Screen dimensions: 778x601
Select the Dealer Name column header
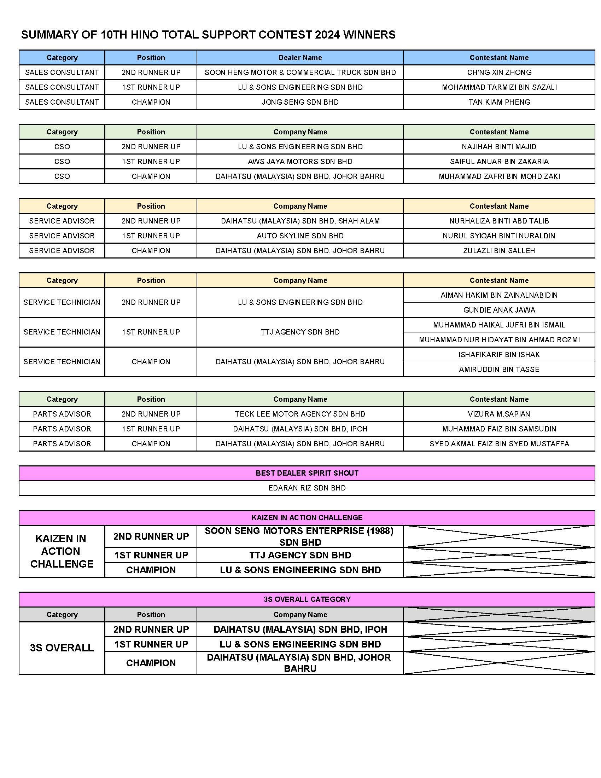[x=300, y=58]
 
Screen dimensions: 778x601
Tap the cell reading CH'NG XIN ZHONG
[x=499, y=72]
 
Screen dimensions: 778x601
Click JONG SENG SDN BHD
[x=300, y=102]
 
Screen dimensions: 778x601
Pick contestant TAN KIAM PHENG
[x=499, y=102]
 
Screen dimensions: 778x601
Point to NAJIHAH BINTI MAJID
[x=499, y=147]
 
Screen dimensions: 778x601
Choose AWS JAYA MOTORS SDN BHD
[x=300, y=162]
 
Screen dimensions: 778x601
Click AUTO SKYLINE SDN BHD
[x=300, y=236]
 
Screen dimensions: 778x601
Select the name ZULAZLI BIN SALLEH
[x=499, y=251]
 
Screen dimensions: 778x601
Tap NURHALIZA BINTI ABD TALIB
[x=499, y=221]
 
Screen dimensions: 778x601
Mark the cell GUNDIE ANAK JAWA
[x=499, y=310]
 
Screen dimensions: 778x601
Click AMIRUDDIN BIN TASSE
[x=499, y=370]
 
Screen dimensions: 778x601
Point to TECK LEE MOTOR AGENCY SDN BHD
[x=300, y=414]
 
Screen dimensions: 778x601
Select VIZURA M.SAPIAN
[x=499, y=414]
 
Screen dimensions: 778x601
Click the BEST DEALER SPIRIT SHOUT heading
[x=307, y=473]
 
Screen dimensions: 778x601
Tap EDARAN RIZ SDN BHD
[x=307, y=488]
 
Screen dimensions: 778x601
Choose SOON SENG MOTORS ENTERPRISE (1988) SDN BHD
[x=300, y=536]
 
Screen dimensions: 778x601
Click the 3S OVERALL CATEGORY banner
[x=307, y=599]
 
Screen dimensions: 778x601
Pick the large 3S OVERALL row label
[x=62, y=648]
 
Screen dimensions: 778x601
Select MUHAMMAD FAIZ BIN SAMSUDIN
[x=499, y=429]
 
